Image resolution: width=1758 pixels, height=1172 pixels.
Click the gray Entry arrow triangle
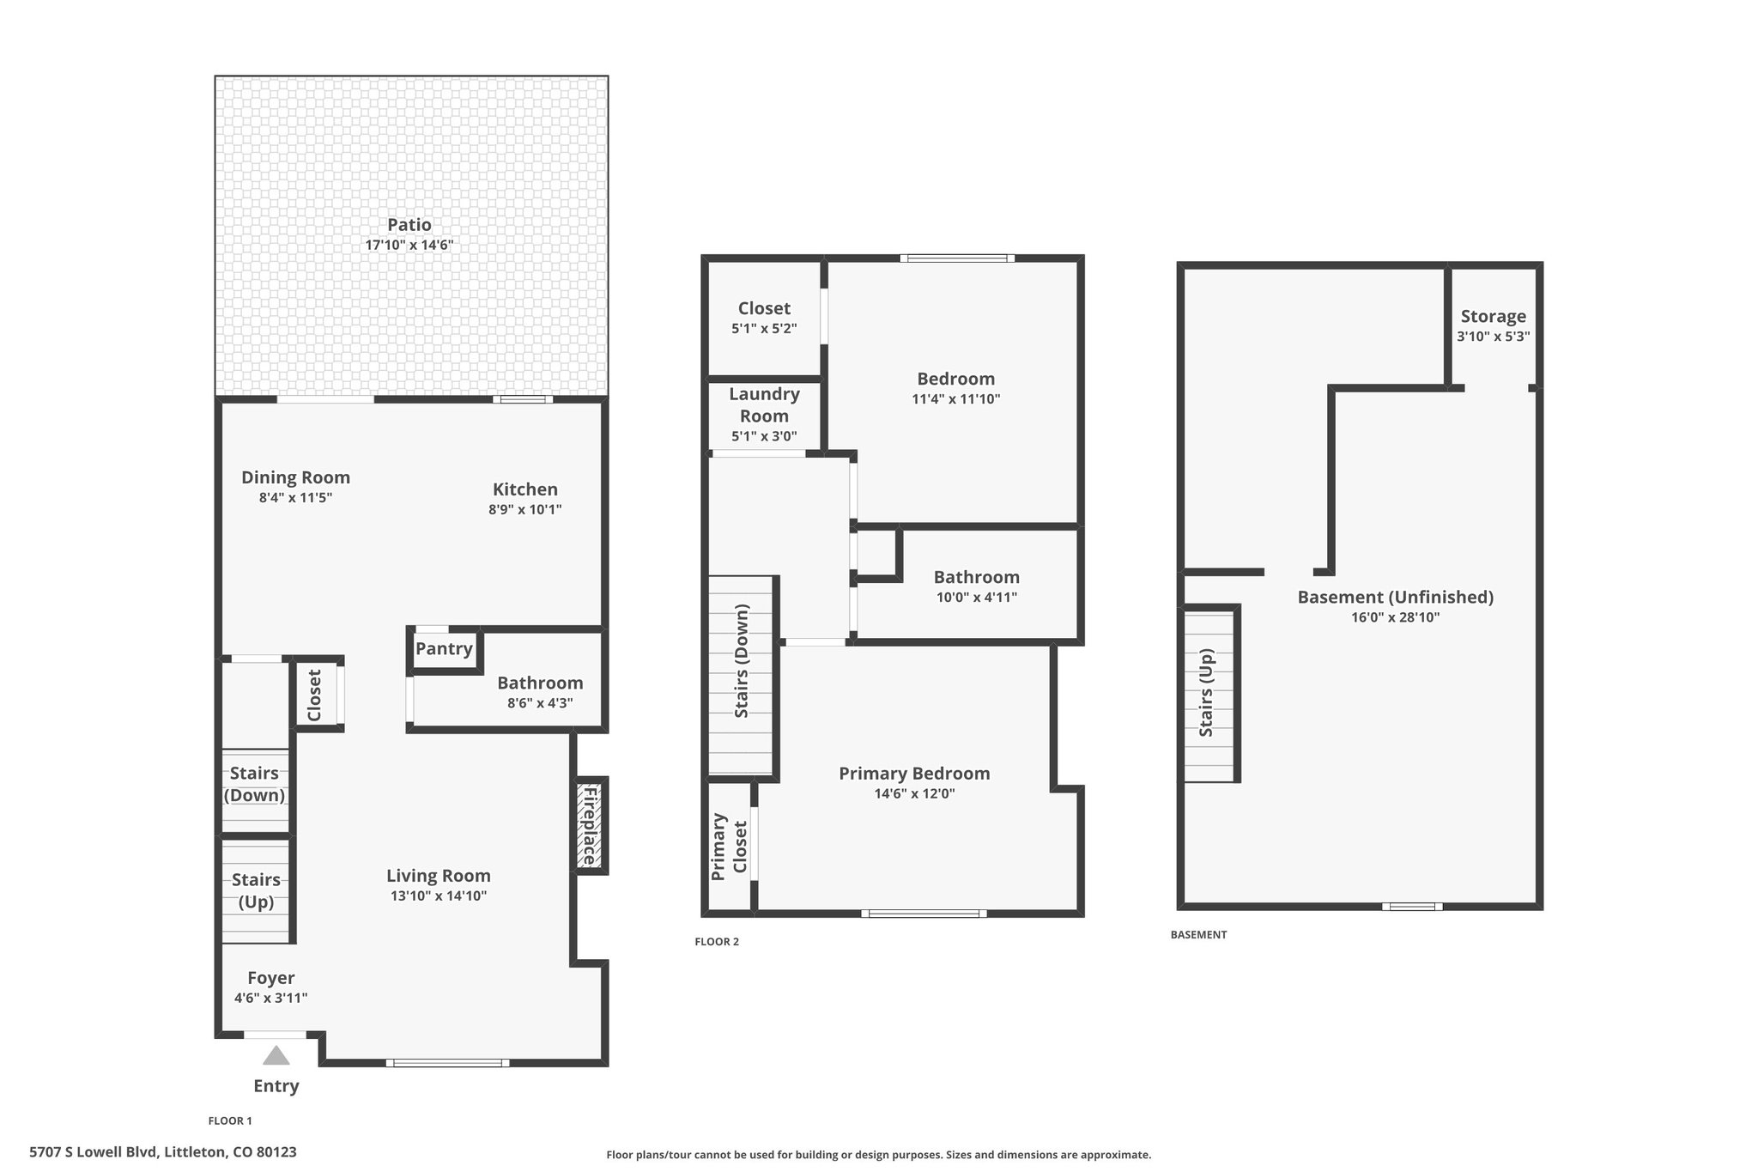click(276, 1055)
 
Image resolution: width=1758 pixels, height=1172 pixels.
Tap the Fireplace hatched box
click(591, 826)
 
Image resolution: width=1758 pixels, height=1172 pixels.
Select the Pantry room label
click(444, 649)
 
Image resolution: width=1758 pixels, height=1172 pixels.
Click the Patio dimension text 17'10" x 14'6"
click(409, 245)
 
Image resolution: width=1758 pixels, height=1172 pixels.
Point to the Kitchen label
click(525, 489)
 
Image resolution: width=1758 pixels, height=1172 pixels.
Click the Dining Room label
click(295, 477)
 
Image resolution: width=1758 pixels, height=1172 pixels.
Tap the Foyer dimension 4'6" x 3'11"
click(270, 998)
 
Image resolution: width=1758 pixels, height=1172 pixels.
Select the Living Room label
click(439, 876)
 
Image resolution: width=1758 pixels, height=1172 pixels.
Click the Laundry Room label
click(764, 405)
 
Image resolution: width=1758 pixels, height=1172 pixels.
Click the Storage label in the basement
click(1494, 317)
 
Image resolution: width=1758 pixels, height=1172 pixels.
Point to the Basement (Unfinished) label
click(1396, 598)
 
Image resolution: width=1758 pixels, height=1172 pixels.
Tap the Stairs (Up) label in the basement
click(1206, 692)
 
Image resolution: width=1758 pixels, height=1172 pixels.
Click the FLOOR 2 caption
click(717, 942)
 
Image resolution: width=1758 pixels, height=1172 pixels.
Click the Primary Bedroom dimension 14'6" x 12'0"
click(914, 794)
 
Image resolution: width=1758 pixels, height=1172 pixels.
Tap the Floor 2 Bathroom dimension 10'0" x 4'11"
click(977, 598)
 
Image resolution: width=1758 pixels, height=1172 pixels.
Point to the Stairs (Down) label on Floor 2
click(742, 661)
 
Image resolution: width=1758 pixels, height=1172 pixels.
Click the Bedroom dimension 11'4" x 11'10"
click(956, 399)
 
